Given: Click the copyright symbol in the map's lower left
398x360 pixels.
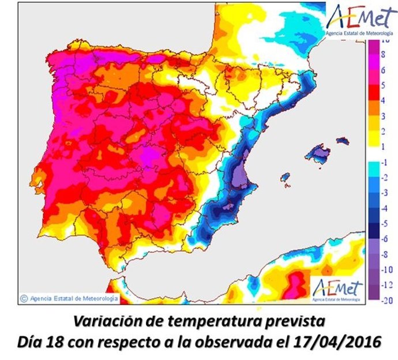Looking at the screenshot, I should (x=24, y=298).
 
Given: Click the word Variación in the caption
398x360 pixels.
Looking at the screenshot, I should (x=102, y=321).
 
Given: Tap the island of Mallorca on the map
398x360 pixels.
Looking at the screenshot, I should (x=318, y=154).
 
